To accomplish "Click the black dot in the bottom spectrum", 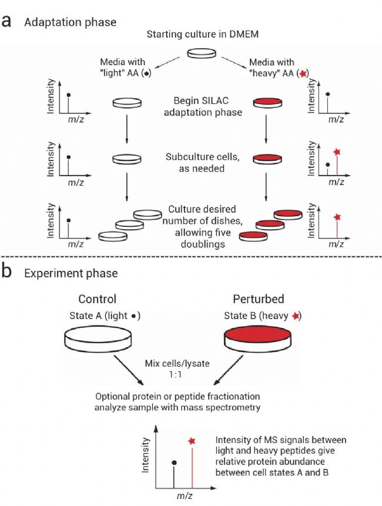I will point(174,463).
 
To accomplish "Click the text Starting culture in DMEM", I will point(202,33).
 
